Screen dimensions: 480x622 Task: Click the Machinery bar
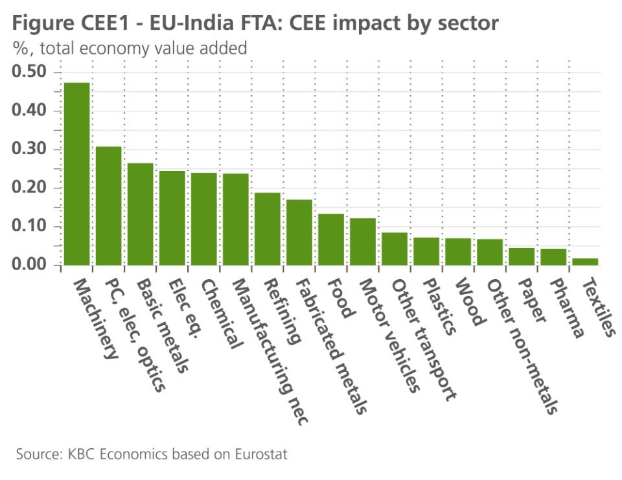point(76,174)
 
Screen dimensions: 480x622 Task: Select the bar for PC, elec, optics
point(108,205)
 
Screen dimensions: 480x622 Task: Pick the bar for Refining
point(267,229)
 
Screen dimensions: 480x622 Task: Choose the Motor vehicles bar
point(362,242)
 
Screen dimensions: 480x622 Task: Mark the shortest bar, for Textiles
point(585,262)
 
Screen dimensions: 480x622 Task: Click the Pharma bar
point(553,257)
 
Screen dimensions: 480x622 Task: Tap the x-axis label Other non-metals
point(522,347)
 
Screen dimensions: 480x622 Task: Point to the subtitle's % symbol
point(18,48)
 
